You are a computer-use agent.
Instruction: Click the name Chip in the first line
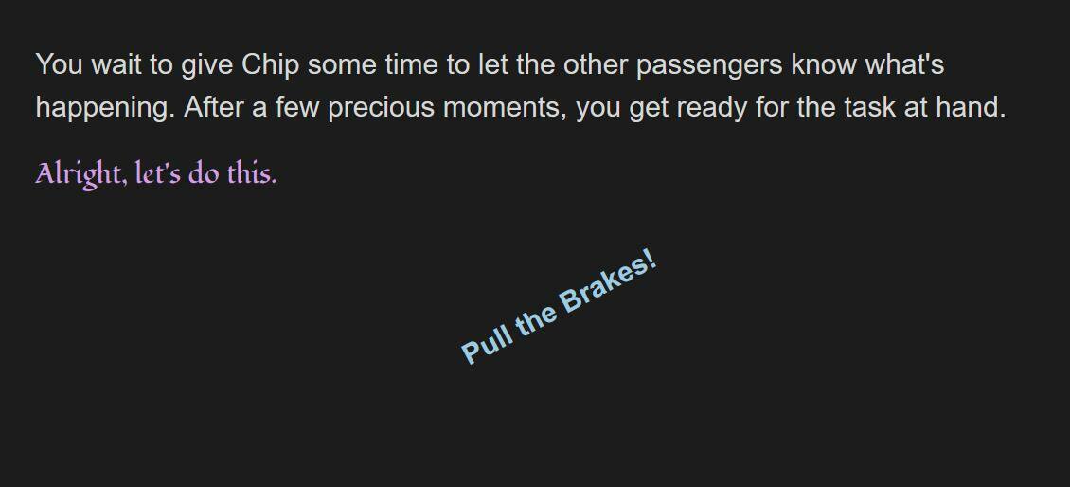pyautogui.click(x=270, y=64)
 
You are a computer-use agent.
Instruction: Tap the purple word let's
pyautogui.click(x=158, y=173)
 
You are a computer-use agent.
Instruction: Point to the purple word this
pyautogui.click(x=253, y=173)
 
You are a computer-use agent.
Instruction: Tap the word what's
pyautogui.click(x=905, y=64)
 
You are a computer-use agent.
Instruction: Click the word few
pyautogui.click(x=296, y=107)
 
